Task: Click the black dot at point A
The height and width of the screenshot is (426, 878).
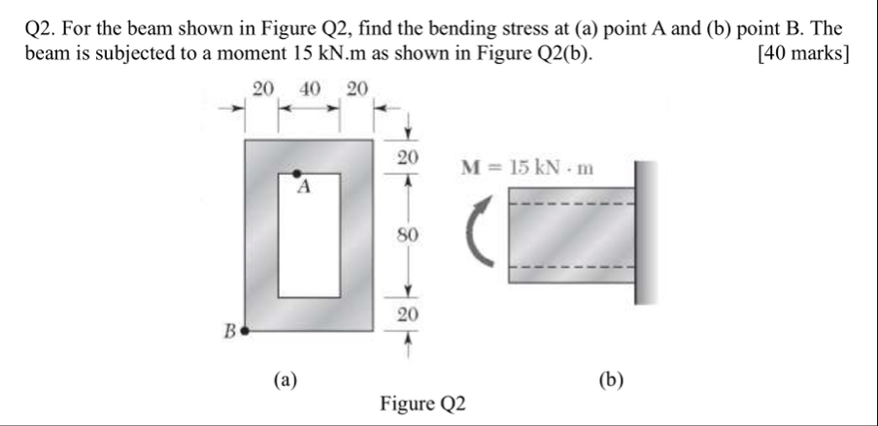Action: [298, 174]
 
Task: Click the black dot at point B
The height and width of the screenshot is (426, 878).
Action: [245, 330]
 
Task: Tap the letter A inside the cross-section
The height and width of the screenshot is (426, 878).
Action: [303, 190]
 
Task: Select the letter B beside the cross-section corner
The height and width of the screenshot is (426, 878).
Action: [230, 331]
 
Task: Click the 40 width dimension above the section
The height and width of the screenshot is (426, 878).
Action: [310, 90]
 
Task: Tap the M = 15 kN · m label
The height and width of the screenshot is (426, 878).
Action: [527, 168]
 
